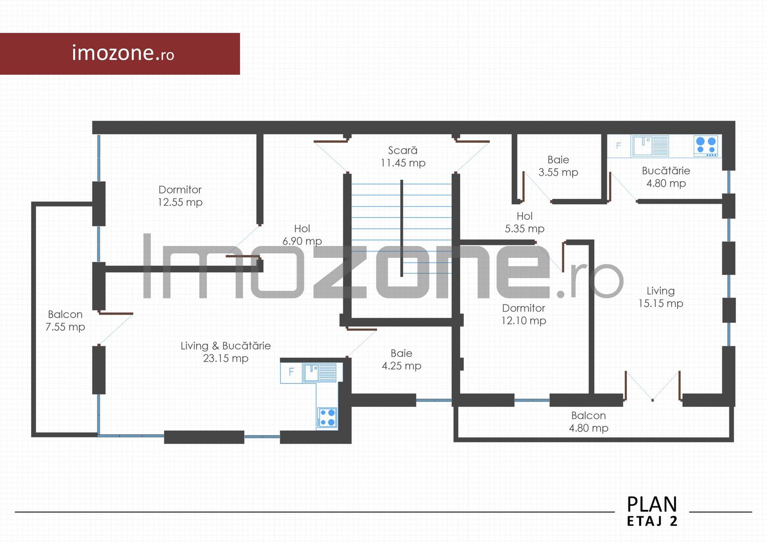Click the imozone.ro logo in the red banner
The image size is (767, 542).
(x=123, y=53)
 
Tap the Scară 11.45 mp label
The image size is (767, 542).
(x=403, y=157)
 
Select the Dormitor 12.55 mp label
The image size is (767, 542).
(x=180, y=196)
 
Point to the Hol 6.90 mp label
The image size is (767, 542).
(x=302, y=235)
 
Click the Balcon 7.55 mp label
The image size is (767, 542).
(x=65, y=320)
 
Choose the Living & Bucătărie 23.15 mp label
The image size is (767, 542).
(x=225, y=352)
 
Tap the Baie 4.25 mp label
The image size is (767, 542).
(x=401, y=359)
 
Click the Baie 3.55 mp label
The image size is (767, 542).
(x=558, y=166)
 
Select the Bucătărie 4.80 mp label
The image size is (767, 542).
(x=666, y=177)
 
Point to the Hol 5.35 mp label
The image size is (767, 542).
(x=525, y=222)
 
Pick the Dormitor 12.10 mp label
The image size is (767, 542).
(x=524, y=314)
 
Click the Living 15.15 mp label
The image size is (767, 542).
(x=661, y=297)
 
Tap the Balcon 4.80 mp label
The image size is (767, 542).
(x=588, y=422)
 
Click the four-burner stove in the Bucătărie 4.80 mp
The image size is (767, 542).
(x=706, y=146)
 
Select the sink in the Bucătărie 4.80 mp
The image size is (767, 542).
(x=650, y=146)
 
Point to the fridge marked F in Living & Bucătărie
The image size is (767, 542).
(x=291, y=372)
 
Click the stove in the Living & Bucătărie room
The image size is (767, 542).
(x=327, y=418)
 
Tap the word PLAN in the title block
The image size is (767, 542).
(x=652, y=504)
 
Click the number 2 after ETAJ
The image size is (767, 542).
(x=674, y=521)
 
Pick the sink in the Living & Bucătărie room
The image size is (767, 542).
(x=320, y=372)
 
